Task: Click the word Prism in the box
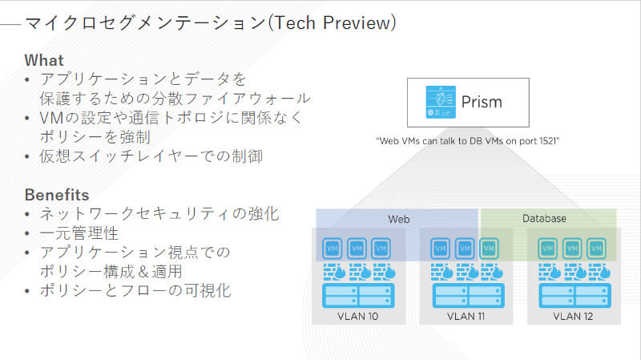[482, 102]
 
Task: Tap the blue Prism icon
[441, 103]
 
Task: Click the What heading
[44, 60]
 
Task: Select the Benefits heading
[57, 195]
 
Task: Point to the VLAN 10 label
[358, 316]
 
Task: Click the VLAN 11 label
[466, 316]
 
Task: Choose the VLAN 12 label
[573, 316]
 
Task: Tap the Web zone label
[398, 219]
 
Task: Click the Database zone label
[545, 218]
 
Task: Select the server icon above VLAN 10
[358, 295]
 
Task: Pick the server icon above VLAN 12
[574, 295]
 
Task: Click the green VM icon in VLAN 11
[489, 249]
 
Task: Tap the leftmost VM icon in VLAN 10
[333, 249]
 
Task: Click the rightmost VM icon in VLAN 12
[596, 249]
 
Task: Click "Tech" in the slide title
[295, 23]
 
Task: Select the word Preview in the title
[357, 23]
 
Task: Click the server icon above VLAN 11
[469, 295]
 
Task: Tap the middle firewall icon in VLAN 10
[360, 272]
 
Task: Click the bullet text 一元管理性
[79, 233]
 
